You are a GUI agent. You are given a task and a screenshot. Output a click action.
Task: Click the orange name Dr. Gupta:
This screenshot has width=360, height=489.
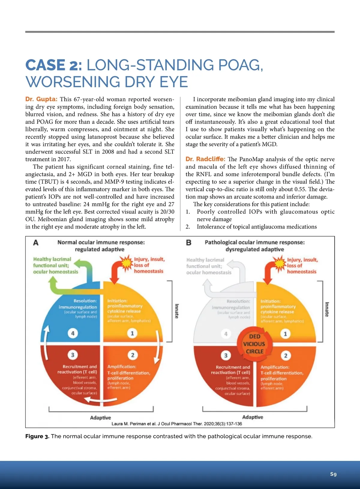pos(41,99)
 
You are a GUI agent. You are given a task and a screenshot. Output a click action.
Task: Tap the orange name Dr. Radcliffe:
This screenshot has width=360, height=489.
pos(205,159)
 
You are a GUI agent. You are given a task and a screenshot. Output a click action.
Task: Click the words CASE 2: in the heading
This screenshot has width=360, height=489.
pos(54,65)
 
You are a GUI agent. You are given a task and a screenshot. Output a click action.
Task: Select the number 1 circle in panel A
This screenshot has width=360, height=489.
pos(132,333)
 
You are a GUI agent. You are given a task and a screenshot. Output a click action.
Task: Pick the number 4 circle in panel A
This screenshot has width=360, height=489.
pos(73,333)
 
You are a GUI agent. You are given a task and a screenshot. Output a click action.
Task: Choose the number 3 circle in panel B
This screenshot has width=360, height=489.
pos(226,356)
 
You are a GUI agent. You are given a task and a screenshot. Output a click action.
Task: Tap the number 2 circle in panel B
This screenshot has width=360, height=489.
pos(286,356)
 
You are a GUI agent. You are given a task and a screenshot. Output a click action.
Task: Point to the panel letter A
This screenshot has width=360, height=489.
pos(36,243)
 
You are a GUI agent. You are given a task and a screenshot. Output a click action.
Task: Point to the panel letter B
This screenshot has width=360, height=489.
pos(189,243)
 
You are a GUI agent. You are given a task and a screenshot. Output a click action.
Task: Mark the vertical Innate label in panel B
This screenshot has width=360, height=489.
pos(327,309)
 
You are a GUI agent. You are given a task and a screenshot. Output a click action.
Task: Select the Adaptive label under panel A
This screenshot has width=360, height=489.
pos(100,418)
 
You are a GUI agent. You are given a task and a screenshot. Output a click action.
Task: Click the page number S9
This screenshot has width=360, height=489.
pos(333,474)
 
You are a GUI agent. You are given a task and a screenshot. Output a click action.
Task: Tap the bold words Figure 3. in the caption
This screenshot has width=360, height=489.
pos(37,436)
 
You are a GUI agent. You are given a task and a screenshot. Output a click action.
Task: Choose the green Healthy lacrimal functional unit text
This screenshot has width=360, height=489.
pos(55,265)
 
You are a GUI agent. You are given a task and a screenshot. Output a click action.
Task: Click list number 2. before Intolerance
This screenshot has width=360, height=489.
pos(188,227)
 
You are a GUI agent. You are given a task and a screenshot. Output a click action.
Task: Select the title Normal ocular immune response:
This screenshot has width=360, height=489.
pos(101,242)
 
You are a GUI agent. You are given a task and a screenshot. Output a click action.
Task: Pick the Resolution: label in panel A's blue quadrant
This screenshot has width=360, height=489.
pos(85,301)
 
